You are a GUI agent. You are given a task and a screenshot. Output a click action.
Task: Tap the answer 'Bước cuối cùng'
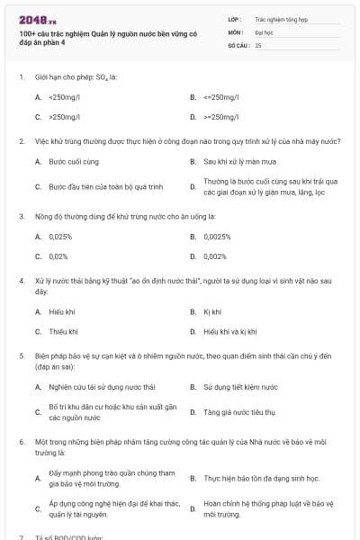click(73, 161)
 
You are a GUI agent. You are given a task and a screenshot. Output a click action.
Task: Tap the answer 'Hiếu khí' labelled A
click(62, 311)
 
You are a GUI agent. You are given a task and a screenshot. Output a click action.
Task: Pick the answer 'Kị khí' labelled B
click(212, 311)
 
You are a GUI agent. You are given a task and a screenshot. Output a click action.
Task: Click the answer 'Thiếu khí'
click(63, 331)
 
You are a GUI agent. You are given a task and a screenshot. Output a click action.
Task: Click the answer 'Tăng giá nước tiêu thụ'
click(238, 411)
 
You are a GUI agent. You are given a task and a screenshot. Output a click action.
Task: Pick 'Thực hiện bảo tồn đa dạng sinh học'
click(261, 479)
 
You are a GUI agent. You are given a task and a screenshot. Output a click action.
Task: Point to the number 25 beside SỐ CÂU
click(258, 44)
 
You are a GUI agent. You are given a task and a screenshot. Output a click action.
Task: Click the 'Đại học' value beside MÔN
click(264, 31)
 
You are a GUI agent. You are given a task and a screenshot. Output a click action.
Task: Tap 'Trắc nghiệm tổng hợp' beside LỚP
click(280, 17)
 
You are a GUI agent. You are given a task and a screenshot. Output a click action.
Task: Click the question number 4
click(21, 282)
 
